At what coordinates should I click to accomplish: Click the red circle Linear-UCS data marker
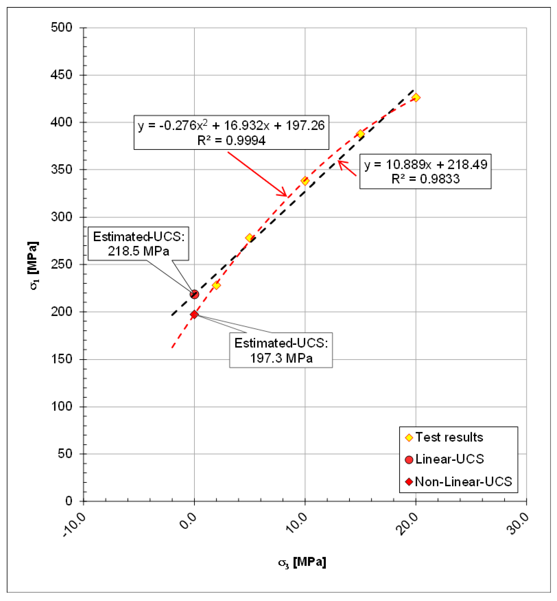tap(194, 294)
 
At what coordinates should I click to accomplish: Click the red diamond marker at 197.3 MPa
tap(194, 314)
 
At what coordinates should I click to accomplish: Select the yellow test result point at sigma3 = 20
tap(416, 97)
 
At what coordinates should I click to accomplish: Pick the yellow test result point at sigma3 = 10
tap(305, 181)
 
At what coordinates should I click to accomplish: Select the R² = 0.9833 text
tap(425, 179)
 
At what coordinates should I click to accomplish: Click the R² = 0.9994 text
tap(231, 141)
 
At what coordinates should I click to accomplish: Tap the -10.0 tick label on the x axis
tap(74, 525)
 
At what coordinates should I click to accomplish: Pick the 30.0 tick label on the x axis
tap(518, 524)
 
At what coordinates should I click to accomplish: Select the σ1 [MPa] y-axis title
tap(33, 265)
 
